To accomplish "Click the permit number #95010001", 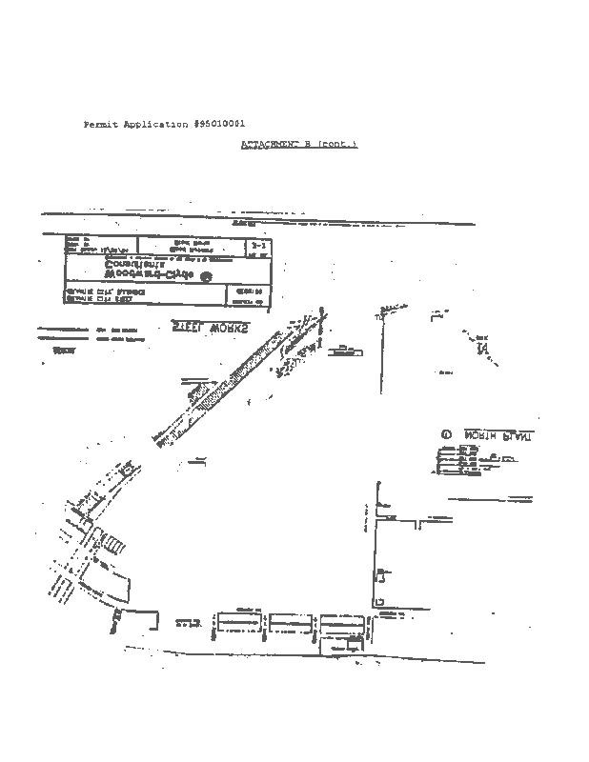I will point(220,125).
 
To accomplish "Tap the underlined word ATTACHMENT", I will point(270,144).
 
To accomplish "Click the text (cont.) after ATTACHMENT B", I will point(339,144).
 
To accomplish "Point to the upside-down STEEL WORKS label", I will point(210,327).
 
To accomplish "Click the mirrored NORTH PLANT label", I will point(499,435).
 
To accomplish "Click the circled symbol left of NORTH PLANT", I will point(445,435).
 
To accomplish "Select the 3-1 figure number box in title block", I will point(258,246).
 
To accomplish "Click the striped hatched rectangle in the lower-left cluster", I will point(112,546).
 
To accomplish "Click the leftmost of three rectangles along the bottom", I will point(237,622).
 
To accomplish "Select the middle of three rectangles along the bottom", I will point(291,622).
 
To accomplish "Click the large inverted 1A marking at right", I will point(483,348).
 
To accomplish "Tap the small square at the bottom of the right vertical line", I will point(379,602).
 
